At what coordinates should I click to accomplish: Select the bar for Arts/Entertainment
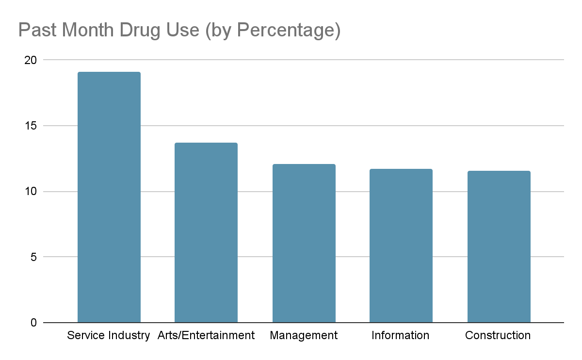[x=206, y=232]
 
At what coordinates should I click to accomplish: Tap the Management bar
[x=304, y=243]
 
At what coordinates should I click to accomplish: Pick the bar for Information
[x=401, y=245]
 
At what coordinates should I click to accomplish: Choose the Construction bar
[x=499, y=246]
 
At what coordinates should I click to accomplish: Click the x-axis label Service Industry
[x=109, y=336]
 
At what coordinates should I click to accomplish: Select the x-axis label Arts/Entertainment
[x=206, y=336]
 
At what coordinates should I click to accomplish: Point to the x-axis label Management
[x=304, y=336]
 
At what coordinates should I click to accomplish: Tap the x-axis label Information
[x=401, y=336]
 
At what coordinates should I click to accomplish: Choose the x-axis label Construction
[x=498, y=336]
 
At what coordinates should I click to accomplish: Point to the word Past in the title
[x=35, y=30]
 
